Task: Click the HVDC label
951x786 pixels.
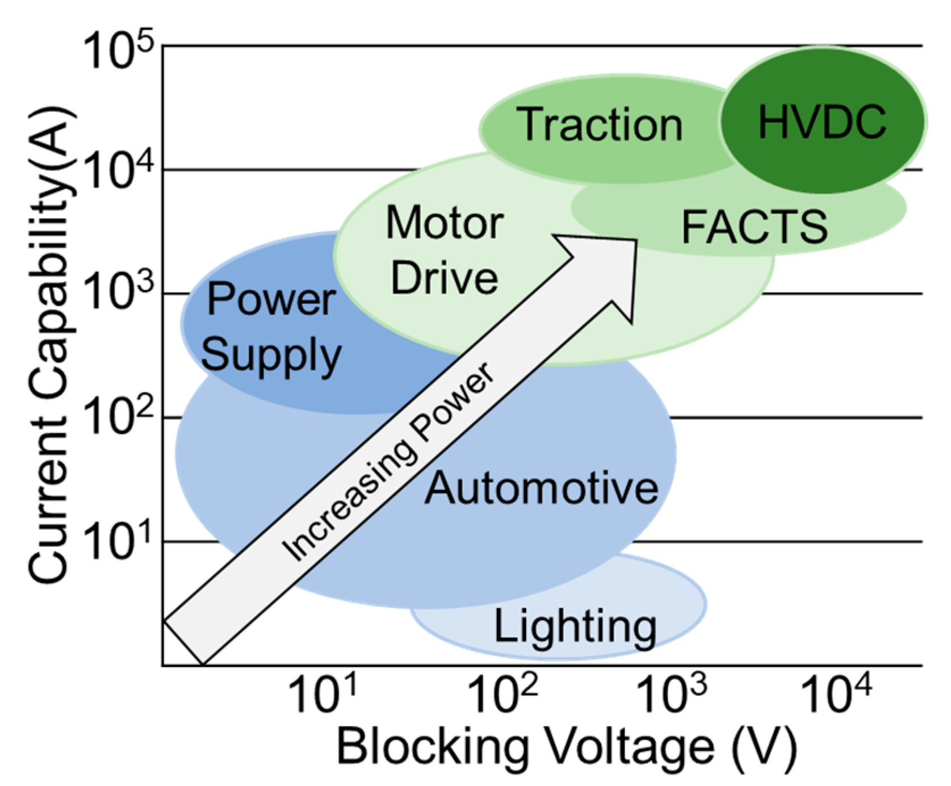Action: [822, 122]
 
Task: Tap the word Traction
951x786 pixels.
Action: [599, 125]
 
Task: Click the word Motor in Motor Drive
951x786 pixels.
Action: [445, 223]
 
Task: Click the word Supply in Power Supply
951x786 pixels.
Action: [271, 356]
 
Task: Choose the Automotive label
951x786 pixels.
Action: [542, 488]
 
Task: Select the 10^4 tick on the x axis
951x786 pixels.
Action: [835, 695]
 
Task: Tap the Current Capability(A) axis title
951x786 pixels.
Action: [50, 344]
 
